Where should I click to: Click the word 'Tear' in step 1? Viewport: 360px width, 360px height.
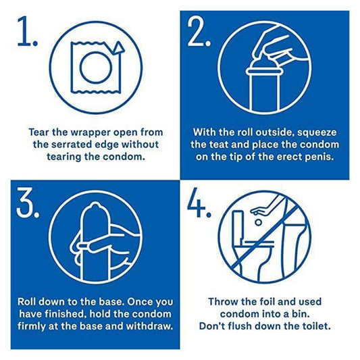(40, 130)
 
